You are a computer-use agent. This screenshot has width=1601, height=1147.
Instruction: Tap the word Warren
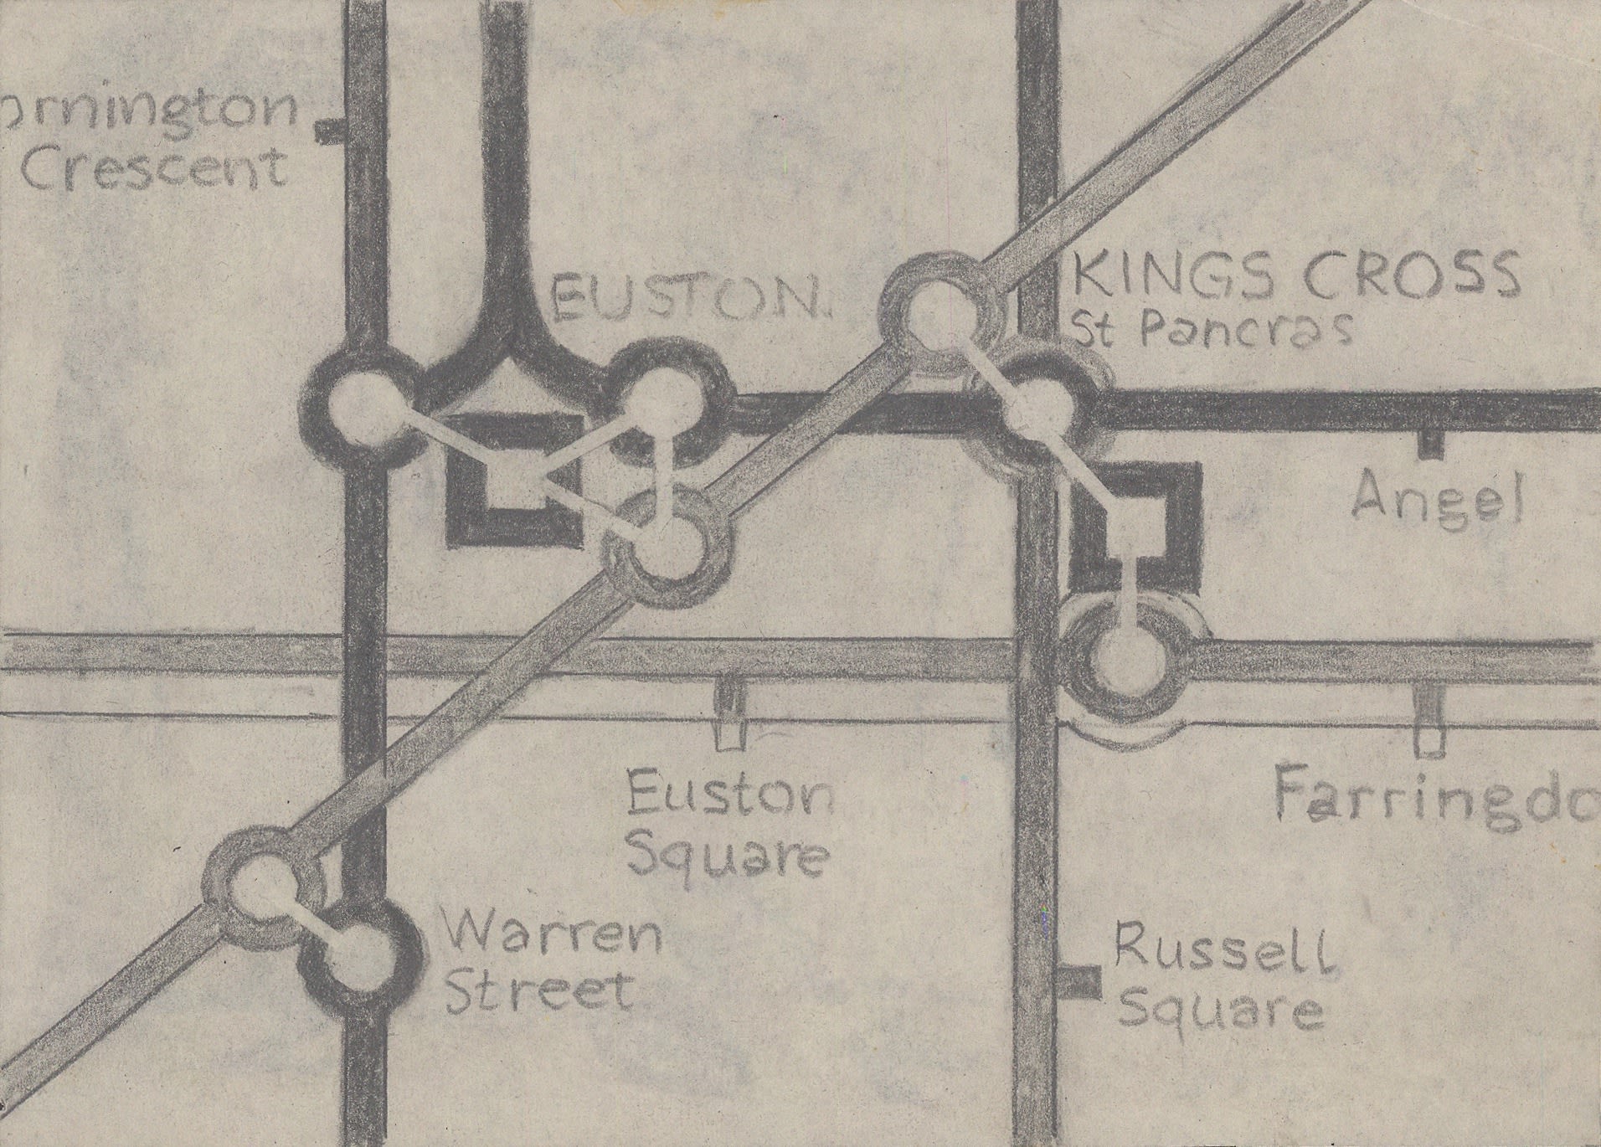pos(553,934)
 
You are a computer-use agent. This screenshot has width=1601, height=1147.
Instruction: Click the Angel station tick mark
pos(1430,445)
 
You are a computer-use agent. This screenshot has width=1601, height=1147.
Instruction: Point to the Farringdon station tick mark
pos(1429,720)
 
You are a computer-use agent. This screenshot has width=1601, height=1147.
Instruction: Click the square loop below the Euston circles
pos(512,479)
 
